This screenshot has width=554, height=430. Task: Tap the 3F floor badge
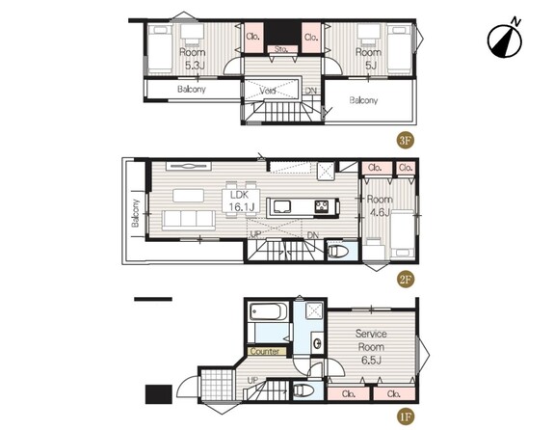[x=405, y=141]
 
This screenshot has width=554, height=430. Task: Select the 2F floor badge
[x=405, y=280]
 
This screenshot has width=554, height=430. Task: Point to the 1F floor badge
[x=405, y=417]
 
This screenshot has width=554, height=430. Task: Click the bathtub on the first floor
[x=266, y=311]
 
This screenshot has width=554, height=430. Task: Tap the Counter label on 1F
[x=264, y=351]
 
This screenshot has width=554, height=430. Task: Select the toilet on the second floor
[x=338, y=251]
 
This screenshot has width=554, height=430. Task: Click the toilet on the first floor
[x=303, y=390]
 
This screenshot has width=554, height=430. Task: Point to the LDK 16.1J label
[x=240, y=201]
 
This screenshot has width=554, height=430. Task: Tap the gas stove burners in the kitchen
[x=322, y=206]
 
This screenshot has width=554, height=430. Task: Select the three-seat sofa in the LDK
[x=189, y=219]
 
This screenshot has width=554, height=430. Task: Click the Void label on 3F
[x=268, y=91]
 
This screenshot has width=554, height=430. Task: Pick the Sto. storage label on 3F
[x=281, y=49]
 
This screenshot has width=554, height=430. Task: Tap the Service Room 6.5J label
[x=371, y=346]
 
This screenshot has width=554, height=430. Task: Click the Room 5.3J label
[x=192, y=59]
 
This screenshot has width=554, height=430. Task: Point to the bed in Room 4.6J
[x=403, y=234]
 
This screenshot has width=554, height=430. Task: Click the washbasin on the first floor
[x=317, y=342]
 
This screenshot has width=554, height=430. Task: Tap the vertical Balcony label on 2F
[x=135, y=213]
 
